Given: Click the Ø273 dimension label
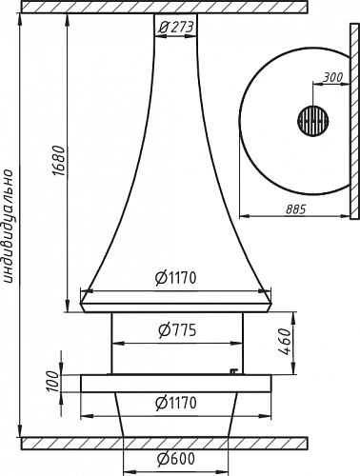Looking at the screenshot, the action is [x=175, y=28].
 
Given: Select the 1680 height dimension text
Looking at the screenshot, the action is [x=59, y=161].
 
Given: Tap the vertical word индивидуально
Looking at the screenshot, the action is [x=9, y=226].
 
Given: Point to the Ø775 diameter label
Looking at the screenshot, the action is [x=177, y=330].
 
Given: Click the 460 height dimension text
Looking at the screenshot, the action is [x=285, y=342].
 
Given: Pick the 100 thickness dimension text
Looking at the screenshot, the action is [x=52, y=382].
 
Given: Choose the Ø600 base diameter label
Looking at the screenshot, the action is [x=175, y=459].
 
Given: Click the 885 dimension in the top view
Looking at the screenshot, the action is [x=295, y=209].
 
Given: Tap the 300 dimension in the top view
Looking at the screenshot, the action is [x=333, y=77].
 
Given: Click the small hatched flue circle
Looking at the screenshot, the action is [x=313, y=121].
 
